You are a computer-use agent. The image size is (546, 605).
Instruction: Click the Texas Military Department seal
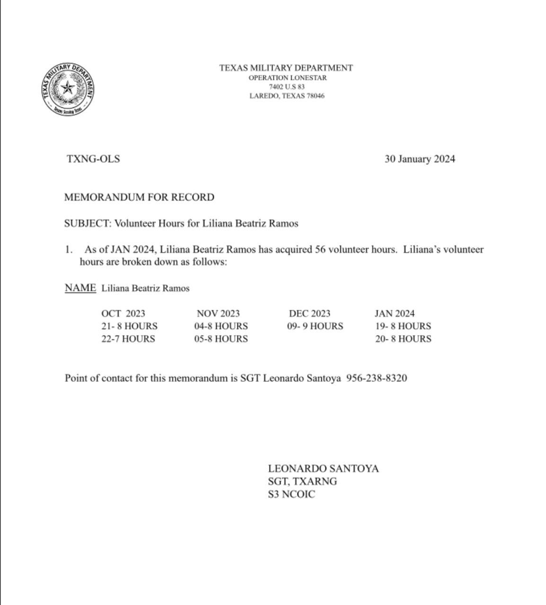[67, 89]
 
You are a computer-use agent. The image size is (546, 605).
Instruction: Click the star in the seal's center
[68, 87]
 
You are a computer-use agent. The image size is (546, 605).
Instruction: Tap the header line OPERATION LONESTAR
[287, 78]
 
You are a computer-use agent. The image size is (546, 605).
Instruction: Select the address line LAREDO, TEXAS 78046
[287, 96]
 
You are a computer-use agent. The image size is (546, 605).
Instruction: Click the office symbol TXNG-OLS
[93, 159]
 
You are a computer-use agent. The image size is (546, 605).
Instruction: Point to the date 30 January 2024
[420, 159]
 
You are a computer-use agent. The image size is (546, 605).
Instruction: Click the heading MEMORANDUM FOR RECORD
[139, 197]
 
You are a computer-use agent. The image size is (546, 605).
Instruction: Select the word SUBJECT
[87, 224]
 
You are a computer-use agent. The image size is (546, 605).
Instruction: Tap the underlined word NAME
[80, 288]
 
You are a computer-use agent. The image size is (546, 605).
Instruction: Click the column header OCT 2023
[123, 313]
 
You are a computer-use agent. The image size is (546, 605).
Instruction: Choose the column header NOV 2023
[218, 313]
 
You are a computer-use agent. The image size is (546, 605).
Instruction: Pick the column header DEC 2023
[309, 313]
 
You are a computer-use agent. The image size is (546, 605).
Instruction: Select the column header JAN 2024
[395, 313]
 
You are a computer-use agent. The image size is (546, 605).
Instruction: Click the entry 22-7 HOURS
[128, 339]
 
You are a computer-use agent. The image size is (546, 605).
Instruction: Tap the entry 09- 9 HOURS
[315, 326]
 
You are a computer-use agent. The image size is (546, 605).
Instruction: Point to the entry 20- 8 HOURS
[403, 339]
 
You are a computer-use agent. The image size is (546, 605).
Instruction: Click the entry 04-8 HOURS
[221, 326]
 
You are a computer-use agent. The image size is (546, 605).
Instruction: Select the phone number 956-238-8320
[377, 378]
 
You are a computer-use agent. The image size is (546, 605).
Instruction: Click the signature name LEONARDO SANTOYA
[323, 469]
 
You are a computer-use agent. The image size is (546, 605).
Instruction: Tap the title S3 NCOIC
[291, 495]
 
